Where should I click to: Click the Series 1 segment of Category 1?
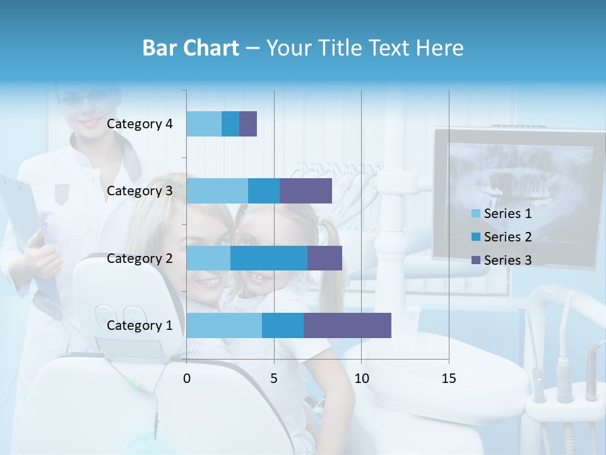(x=224, y=325)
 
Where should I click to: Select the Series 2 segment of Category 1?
(x=283, y=325)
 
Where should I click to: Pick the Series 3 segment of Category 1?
(x=347, y=325)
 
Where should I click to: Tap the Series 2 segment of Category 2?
(x=269, y=258)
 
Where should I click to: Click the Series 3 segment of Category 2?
(x=324, y=258)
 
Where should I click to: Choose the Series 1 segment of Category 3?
(x=217, y=191)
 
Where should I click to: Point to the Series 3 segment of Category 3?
(x=306, y=191)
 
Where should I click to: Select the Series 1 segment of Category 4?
(x=204, y=124)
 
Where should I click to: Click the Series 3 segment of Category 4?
(x=248, y=124)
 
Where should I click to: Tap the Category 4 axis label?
(x=140, y=124)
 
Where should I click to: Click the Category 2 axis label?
(x=140, y=258)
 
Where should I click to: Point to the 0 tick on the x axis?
(x=187, y=379)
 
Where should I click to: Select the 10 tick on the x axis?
(x=361, y=379)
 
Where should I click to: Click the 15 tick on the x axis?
(x=448, y=379)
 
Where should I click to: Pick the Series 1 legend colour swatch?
(x=476, y=214)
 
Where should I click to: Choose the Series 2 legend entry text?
(x=508, y=237)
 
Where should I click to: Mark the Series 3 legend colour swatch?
(x=476, y=260)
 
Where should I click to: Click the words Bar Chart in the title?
(x=191, y=48)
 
